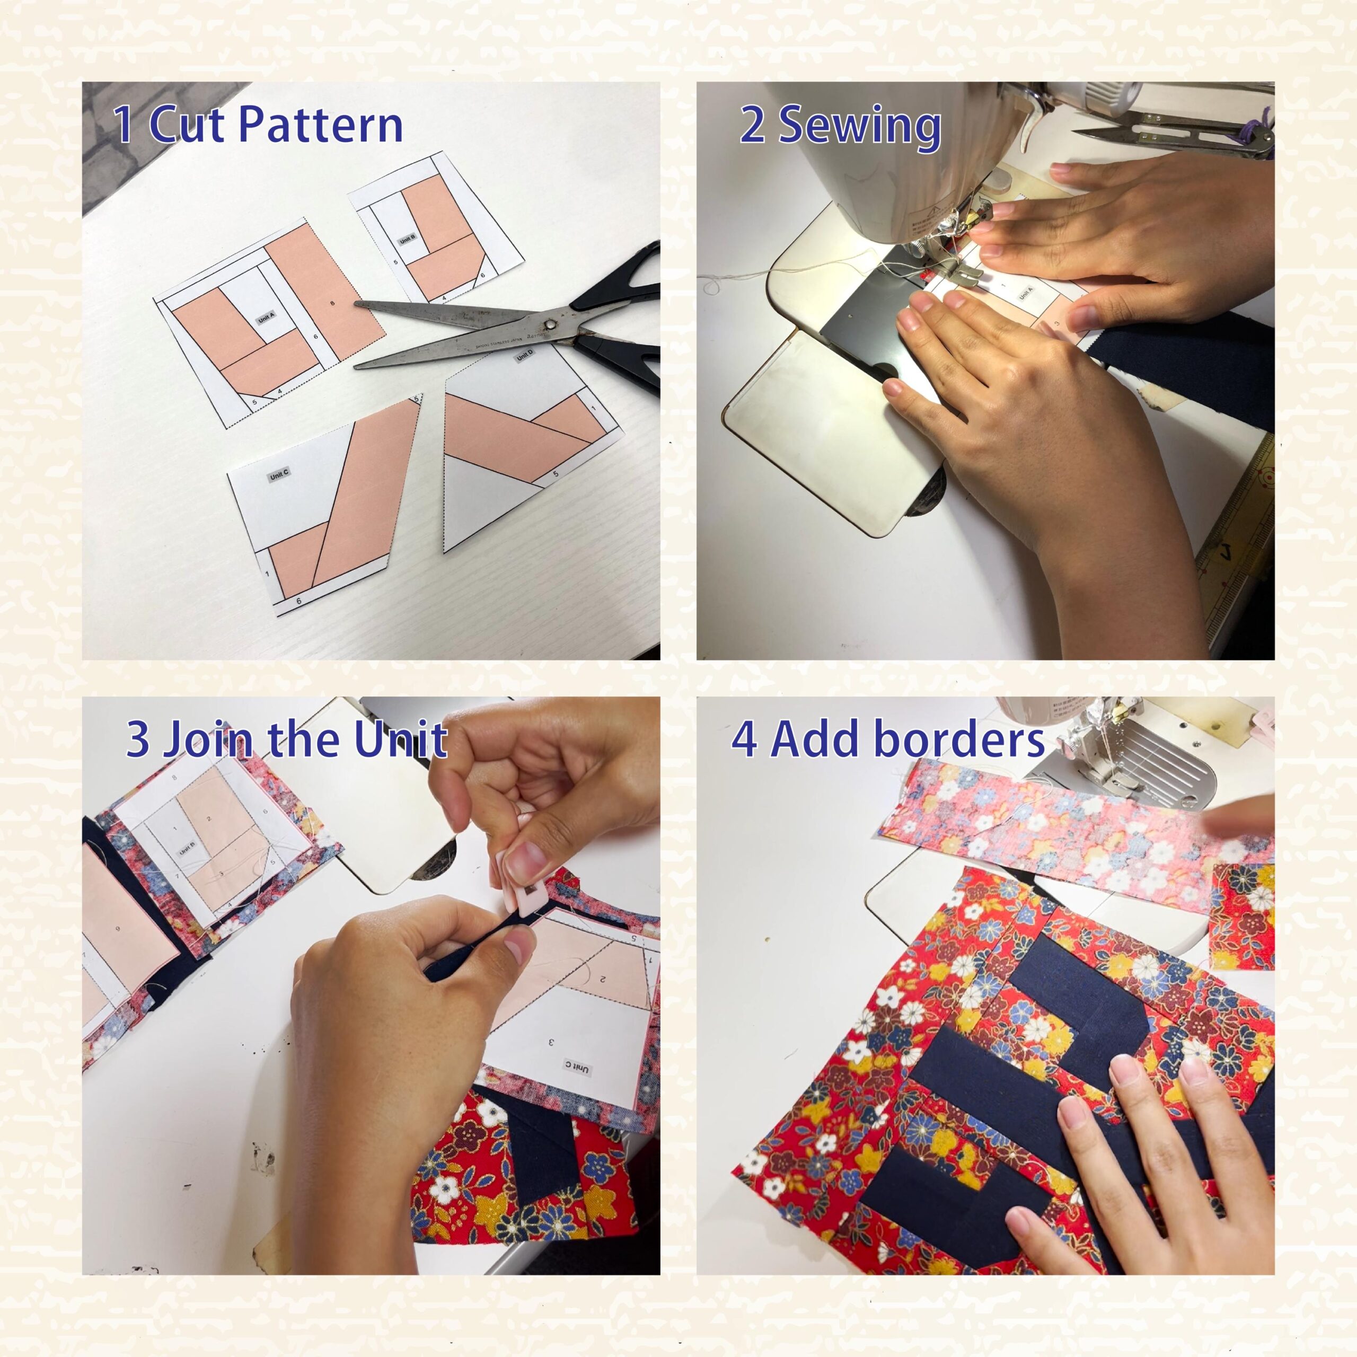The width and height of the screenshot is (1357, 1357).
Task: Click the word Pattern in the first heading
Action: coord(321,125)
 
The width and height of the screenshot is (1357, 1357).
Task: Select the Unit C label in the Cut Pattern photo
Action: coord(279,475)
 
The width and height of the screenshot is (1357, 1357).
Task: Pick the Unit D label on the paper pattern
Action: coord(525,356)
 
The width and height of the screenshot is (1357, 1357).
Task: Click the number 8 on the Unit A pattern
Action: coord(332,303)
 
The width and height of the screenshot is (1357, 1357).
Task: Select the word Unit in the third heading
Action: coord(400,739)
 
